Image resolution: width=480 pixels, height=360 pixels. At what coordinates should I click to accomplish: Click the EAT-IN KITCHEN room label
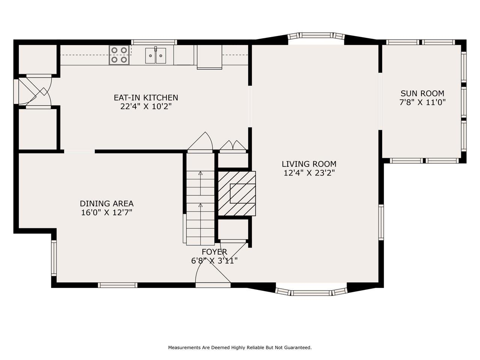pos(146,97)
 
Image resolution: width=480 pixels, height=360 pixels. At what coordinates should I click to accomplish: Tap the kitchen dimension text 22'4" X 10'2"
pos(146,106)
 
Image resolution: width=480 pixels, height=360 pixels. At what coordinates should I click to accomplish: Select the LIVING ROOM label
pos(309,164)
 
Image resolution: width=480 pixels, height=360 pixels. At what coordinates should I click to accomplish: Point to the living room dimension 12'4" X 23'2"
pos(309,173)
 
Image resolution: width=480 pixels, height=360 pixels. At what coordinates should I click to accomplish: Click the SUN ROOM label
pos(422,93)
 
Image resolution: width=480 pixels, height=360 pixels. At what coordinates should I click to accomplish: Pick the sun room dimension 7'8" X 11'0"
pos(422,102)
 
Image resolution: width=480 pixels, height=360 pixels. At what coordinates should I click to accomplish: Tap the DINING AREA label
pos(106,204)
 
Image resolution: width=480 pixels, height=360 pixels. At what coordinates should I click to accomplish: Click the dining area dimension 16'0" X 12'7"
pos(106,213)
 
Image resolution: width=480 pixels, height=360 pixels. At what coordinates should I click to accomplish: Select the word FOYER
pos(214,252)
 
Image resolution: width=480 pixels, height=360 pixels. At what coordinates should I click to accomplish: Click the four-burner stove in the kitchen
pos(120,55)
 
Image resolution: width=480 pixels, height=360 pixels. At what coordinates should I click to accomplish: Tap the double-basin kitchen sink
pos(156,56)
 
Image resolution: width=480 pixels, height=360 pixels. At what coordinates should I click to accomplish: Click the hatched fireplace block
pos(237,193)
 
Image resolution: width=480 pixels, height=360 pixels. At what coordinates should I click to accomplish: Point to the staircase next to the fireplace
pos(200,208)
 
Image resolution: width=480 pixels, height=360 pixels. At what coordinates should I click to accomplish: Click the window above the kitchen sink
pos(154,42)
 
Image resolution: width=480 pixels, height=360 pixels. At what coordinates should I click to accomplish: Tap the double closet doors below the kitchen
pos(233,145)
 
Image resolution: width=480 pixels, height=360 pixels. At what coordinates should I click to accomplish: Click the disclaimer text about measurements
pos(240,348)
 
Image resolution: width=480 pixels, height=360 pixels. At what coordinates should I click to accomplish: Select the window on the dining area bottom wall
pos(117,285)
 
